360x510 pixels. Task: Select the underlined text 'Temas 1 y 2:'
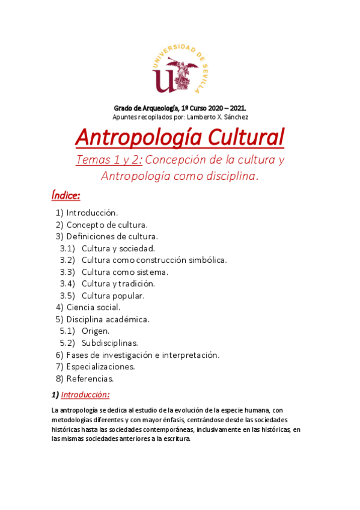point(109,161)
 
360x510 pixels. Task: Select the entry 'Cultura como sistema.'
point(124,272)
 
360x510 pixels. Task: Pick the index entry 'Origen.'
point(96,331)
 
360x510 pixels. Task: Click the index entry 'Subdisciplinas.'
point(109,343)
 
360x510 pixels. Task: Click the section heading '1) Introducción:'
point(81,395)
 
